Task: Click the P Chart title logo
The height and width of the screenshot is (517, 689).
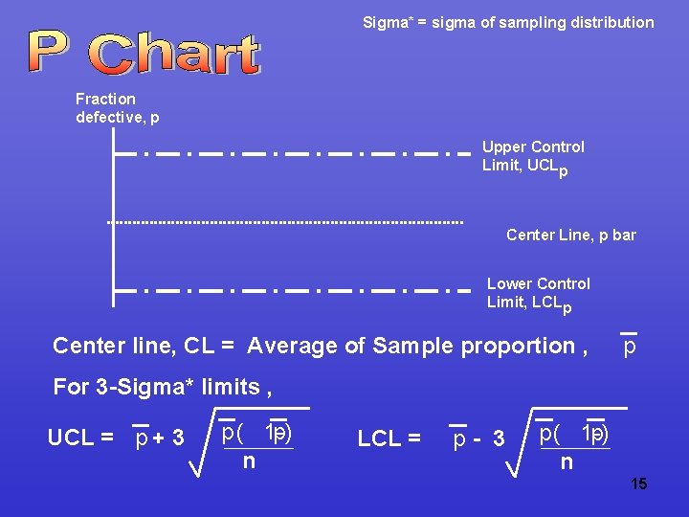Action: (x=144, y=53)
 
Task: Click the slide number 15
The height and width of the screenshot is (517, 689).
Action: (x=639, y=484)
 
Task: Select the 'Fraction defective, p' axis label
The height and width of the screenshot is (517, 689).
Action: (x=118, y=107)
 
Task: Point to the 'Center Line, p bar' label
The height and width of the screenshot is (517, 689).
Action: (x=570, y=235)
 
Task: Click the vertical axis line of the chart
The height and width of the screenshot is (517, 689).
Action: (x=113, y=220)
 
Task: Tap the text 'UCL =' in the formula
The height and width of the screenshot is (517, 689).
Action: (x=80, y=438)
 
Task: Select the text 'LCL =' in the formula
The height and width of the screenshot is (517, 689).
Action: (x=389, y=438)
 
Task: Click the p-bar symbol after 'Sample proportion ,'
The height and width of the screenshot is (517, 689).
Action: (x=629, y=345)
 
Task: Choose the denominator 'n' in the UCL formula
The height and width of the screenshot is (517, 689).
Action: (x=249, y=461)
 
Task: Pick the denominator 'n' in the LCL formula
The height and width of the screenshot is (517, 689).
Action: (x=567, y=462)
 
